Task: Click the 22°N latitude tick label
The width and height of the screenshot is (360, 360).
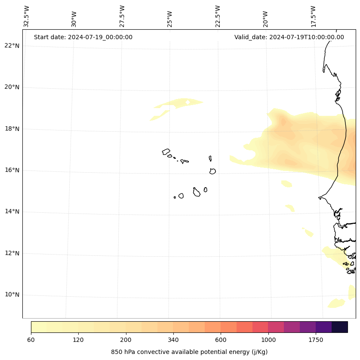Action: tap(12, 46)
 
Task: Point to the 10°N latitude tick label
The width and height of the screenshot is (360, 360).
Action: tap(12, 295)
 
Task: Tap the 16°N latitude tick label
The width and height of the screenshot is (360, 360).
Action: tap(12, 170)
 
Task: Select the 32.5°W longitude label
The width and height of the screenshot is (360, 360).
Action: tap(27, 16)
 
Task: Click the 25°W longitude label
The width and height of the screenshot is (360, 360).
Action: tap(170, 19)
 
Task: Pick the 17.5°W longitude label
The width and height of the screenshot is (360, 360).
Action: tap(313, 16)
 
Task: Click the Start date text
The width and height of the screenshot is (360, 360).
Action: tap(83, 37)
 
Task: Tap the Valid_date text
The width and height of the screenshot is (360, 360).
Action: tap(289, 37)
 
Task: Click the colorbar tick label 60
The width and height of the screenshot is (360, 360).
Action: tap(31, 340)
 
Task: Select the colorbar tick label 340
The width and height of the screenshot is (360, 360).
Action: tap(173, 340)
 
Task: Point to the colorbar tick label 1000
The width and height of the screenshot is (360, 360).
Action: tap(268, 340)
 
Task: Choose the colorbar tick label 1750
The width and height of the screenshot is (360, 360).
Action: tap(316, 340)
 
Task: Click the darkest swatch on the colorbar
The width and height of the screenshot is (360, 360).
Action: tap(340, 327)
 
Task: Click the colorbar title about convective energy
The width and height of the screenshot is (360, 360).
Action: tap(189, 352)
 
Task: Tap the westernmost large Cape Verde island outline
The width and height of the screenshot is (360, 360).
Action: tap(166, 152)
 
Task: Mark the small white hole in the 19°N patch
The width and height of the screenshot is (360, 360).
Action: tap(188, 102)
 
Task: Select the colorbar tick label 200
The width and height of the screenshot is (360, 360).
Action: tap(126, 340)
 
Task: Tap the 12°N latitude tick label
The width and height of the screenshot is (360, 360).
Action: tap(12, 253)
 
